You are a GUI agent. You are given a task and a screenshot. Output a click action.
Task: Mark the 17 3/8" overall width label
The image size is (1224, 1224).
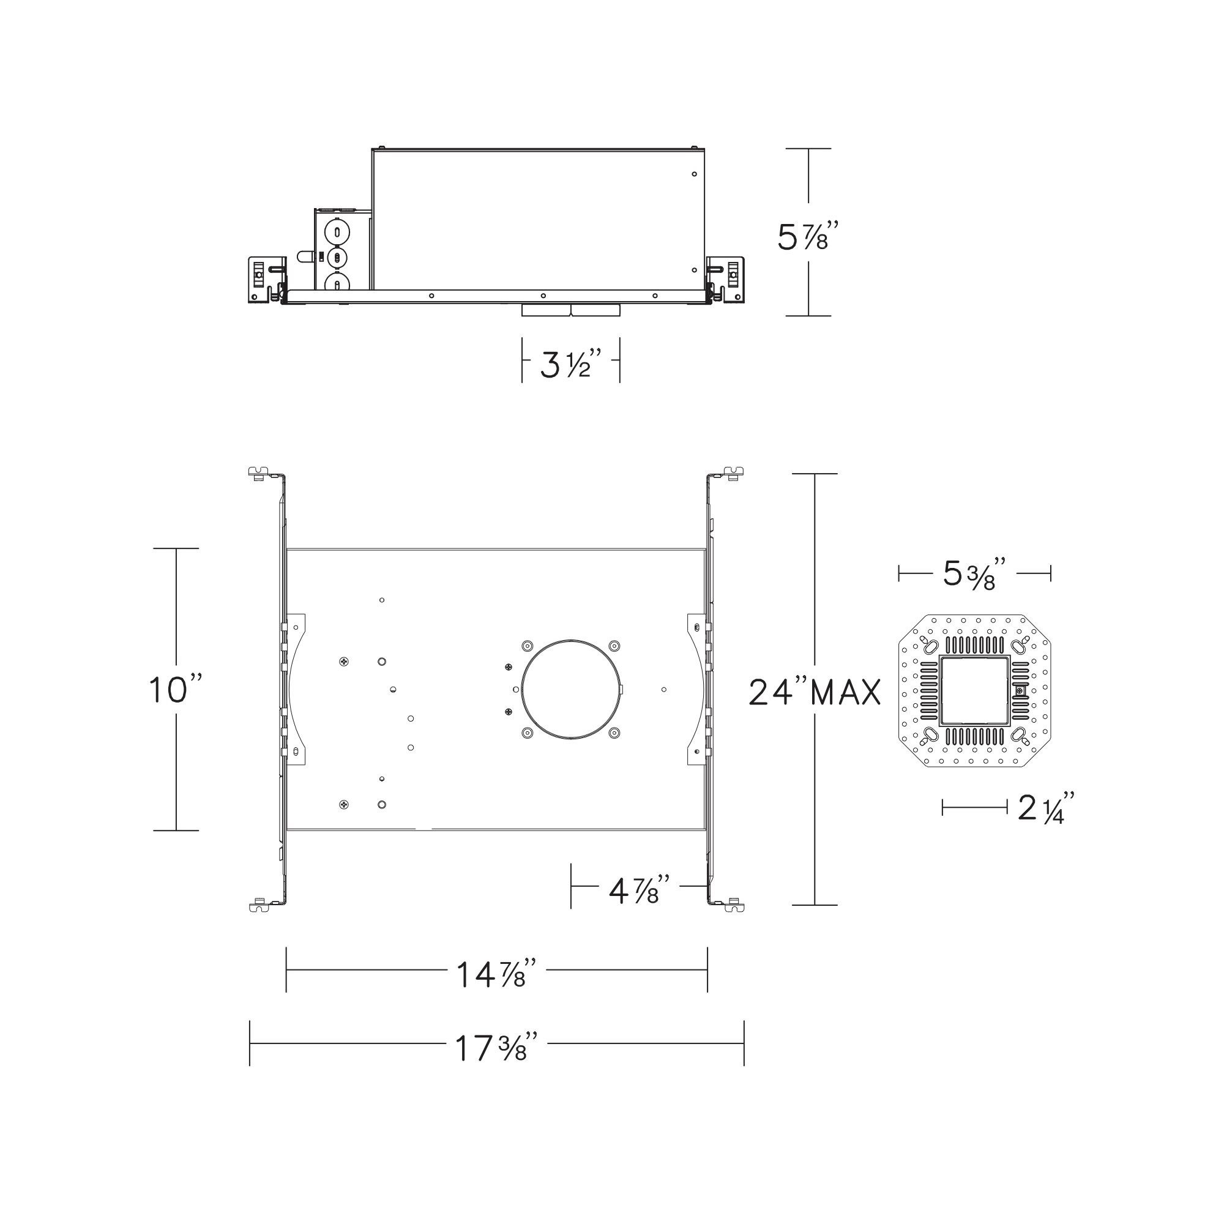[498, 1048]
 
